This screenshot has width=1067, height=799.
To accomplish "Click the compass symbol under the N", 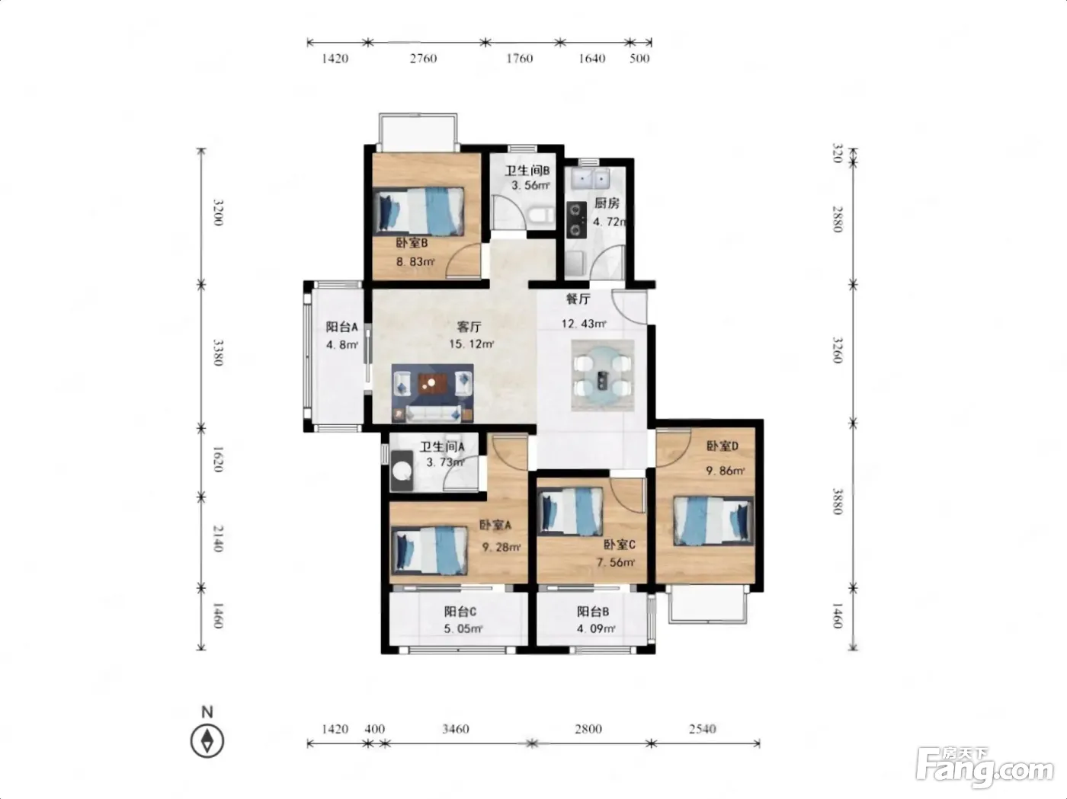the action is (x=207, y=740).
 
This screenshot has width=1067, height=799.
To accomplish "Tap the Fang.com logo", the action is (x=985, y=767).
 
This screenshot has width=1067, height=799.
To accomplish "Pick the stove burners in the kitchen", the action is (x=576, y=219).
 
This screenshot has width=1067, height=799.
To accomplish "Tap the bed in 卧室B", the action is (x=418, y=212).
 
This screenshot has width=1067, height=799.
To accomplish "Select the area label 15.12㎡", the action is (x=472, y=344).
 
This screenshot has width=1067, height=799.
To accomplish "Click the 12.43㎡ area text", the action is (x=584, y=324).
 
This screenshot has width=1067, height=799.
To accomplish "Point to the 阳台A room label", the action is (x=341, y=327).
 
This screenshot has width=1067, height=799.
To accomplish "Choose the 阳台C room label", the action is (x=460, y=611).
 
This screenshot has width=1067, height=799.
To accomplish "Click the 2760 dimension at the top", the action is (x=423, y=59).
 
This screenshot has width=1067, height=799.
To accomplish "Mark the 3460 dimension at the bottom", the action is (x=456, y=729).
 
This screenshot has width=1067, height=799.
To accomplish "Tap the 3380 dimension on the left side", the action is (x=219, y=353).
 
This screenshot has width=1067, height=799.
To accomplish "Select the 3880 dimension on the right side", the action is (x=837, y=501).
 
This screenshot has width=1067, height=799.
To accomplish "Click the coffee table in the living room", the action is (x=431, y=384).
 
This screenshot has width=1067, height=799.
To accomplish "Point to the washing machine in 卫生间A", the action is (x=402, y=471).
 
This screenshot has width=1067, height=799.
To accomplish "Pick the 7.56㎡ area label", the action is (x=615, y=562).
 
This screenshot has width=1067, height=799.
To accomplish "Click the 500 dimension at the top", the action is (x=639, y=59).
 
